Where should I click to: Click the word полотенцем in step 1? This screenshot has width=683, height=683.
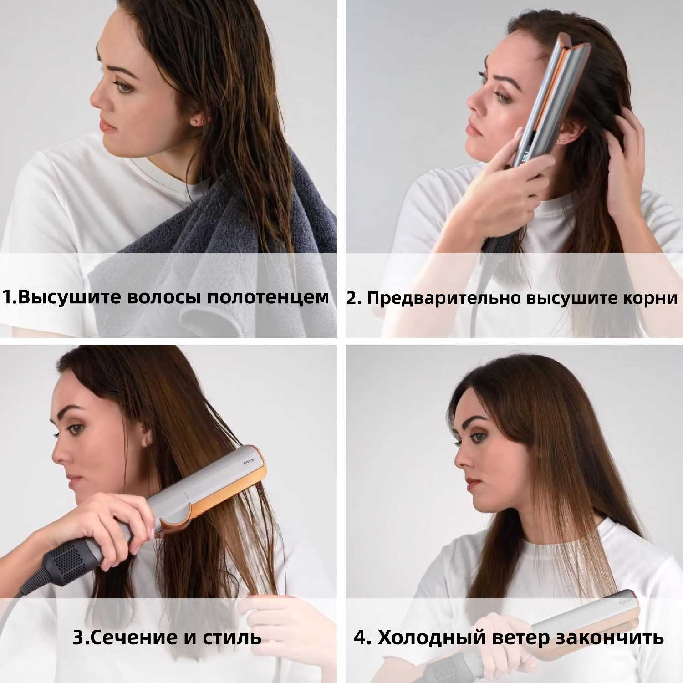(268, 297)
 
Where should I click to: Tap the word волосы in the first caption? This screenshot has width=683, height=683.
(165, 297)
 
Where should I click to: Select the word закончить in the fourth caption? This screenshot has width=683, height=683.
(612, 637)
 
